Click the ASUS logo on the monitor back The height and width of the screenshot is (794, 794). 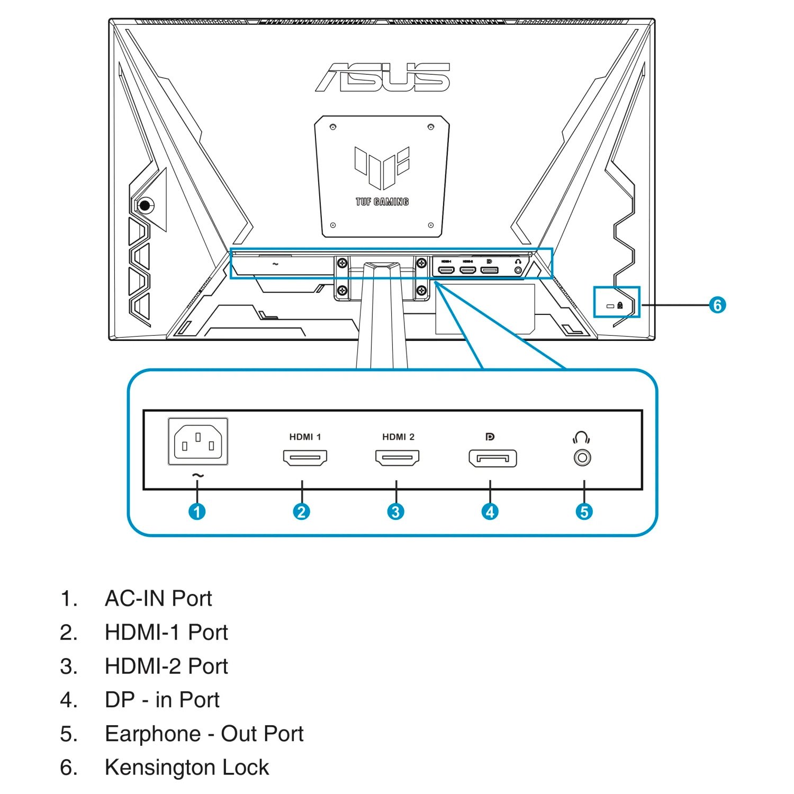click(383, 77)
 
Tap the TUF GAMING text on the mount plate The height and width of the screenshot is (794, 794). click(382, 202)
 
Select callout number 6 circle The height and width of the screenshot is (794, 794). click(717, 305)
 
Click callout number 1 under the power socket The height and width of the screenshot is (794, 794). click(197, 511)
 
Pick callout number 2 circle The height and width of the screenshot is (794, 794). click(301, 511)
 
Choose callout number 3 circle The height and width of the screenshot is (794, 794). click(395, 511)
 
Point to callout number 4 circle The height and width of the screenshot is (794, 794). click(490, 511)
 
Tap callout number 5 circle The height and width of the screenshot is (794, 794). click(584, 511)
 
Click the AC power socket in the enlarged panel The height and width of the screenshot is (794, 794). click(198, 441)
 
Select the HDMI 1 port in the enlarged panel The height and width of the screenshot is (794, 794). click(305, 458)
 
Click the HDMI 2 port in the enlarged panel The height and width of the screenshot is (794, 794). click(398, 458)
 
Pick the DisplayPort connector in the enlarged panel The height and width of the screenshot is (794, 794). click(492, 458)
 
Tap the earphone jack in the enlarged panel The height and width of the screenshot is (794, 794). click(582, 458)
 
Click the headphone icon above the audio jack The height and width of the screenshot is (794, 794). click(581, 438)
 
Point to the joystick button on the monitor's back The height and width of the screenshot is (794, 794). click(145, 205)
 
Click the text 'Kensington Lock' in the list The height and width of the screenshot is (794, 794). click(187, 768)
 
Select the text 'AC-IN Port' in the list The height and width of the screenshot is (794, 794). click(158, 599)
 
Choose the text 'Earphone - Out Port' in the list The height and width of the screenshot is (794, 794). click(204, 734)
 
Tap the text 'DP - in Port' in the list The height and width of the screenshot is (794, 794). click(162, 700)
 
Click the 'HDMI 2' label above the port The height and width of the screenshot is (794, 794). click(398, 437)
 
